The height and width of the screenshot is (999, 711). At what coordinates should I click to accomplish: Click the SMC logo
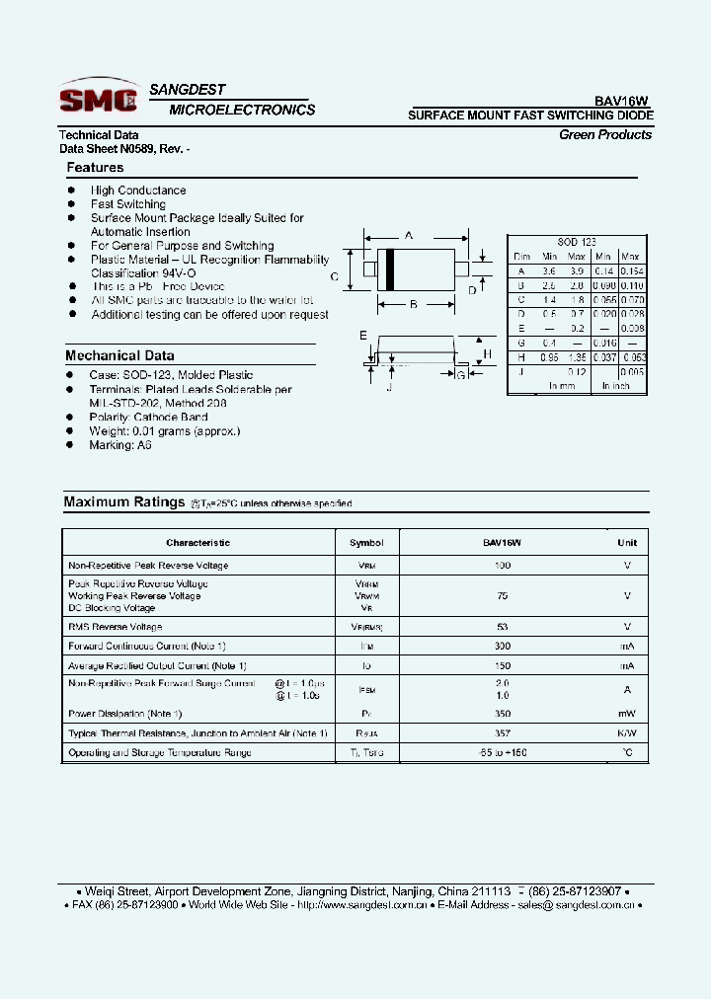click(x=98, y=98)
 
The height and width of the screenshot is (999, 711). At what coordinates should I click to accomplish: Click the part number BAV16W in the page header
click(x=621, y=100)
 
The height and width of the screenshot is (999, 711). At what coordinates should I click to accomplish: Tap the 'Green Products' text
click(x=604, y=134)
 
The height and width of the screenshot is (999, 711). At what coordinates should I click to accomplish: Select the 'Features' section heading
click(x=95, y=168)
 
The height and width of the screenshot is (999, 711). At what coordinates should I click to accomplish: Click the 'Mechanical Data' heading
click(x=119, y=355)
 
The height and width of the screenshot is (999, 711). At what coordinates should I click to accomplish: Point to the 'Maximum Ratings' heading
click(x=124, y=502)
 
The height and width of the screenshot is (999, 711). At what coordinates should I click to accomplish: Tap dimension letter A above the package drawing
click(x=409, y=236)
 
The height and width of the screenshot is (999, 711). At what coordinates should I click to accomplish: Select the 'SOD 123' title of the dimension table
click(x=577, y=242)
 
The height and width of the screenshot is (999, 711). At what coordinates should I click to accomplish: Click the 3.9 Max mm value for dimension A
click(x=577, y=270)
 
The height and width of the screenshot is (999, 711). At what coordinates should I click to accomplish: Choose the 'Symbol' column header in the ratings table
click(x=366, y=543)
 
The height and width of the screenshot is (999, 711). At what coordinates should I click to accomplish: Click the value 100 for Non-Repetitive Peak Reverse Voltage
click(x=502, y=566)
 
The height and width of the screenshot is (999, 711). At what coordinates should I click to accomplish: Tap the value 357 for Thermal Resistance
click(x=502, y=733)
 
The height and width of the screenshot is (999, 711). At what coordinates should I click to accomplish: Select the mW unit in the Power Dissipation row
click(x=627, y=714)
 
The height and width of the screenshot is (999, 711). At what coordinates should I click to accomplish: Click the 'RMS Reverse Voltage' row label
click(x=115, y=627)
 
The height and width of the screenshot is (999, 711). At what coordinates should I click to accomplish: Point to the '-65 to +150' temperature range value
click(x=502, y=753)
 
